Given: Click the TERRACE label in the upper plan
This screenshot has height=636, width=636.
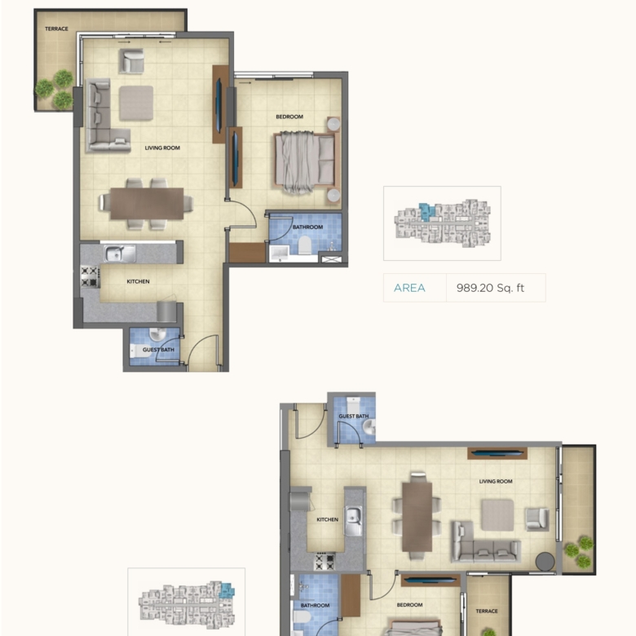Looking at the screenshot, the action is pyautogui.click(x=56, y=29).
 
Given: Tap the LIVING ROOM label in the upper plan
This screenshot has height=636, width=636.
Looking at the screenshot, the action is pyautogui.click(x=162, y=148).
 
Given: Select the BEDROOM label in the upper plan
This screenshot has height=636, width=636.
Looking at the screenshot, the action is pyautogui.click(x=289, y=117).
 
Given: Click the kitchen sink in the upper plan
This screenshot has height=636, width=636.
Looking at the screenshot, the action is pyautogui.click(x=121, y=254).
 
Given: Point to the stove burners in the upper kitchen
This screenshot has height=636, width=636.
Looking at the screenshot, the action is pyautogui.click(x=90, y=276).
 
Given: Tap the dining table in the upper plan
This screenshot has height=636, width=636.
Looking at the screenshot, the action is pyautogui.click(x=147, y=203).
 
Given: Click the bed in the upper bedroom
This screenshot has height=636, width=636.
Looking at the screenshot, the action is pyautogui.click(x=305, y=161).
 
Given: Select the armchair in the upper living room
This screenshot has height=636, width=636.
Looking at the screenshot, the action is pyautogui.click(x=131, y=61).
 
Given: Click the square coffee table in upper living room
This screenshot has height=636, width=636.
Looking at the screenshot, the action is pyautogui.click(x=136, y=103).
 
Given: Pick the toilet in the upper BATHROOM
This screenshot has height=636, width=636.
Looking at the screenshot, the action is pyautogui.click(x=305, y=245).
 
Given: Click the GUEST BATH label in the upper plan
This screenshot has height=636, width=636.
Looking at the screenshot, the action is pyautogui.click(x=159, y=350).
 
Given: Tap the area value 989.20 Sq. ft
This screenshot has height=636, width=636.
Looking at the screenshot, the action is pyautogui.click(x=490, y=288).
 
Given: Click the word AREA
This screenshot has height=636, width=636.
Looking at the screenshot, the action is pyautogui.click(x=409, y=288).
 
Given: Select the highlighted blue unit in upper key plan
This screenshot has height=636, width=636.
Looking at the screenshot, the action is pyautogui.click(x=426, y=211).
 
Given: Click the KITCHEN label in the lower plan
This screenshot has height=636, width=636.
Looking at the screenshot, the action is pyautogui.click(x=327, y=519).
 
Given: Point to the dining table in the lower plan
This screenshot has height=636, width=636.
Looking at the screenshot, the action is pyautogui.click(x=417, y=517).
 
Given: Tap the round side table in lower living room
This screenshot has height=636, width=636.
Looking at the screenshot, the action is pyautogui.click(x=545, y=562).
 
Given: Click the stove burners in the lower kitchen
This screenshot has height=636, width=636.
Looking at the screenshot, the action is pyautogui.click(x=325, y=562).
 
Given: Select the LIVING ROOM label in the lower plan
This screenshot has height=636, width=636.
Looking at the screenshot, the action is pyautogui.click(x=496, y=481).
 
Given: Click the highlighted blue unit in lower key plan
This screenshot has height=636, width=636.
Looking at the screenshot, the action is pyautogui.click(x=227, y=590).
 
